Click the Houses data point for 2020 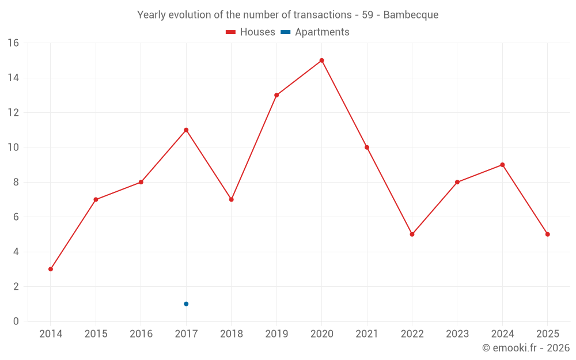[321, 60]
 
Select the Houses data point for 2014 [51, 269]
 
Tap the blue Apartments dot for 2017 [186, 304]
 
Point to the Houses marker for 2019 [276, 95]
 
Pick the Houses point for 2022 [412, 234]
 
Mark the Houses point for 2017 [186, 130]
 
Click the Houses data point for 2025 [547, 234]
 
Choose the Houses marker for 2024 [502, 165]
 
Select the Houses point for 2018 [231, 199]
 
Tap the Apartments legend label [322, 32]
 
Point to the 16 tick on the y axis [13, 43]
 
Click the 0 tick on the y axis [16, 321]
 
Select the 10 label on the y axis [13, 147]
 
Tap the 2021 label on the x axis [367, 334]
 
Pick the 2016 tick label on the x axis [141, 334]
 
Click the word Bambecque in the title [411, 15]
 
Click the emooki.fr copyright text [526, 348]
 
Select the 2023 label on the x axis [457, 334]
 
